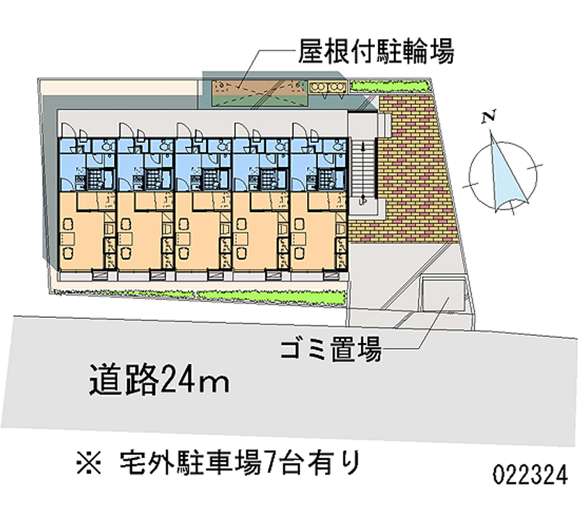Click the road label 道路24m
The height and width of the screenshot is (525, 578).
[160, 378]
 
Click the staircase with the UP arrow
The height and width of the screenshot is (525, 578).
[363, 170]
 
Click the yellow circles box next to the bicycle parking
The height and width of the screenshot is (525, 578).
[328, 87]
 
